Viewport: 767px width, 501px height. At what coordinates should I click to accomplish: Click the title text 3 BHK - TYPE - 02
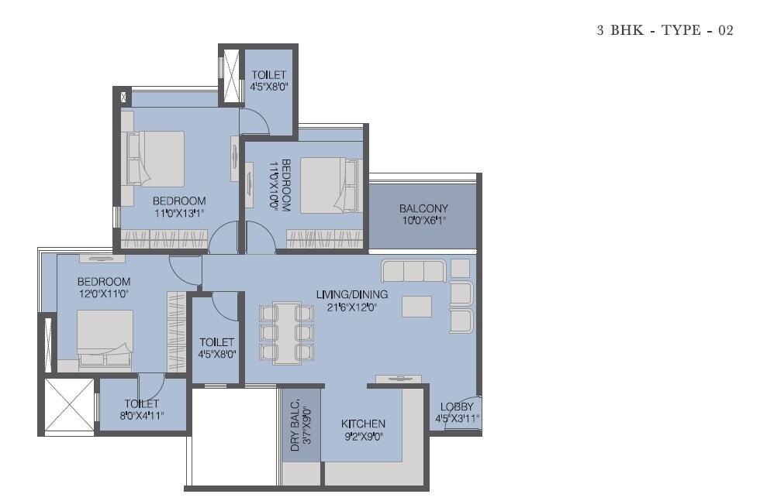pos(665,31)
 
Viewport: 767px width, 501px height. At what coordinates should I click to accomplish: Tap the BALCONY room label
pos(423,208)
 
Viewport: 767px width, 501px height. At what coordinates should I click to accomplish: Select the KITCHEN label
pos(364,424)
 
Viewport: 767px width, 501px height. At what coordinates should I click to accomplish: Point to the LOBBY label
pos(457,407)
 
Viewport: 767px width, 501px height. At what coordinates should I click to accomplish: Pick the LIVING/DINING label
pos(351,294)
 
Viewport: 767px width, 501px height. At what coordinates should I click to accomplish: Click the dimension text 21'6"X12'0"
pos(351,307)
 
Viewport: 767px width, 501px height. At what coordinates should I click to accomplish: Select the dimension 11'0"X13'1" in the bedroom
pos(179,214)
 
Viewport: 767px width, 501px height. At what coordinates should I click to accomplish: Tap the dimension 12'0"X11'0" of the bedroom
pos(103,294)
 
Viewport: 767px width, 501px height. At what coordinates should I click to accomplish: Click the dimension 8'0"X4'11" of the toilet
pos(142,416)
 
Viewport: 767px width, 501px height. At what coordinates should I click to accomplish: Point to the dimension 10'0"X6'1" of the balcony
pos(423,220)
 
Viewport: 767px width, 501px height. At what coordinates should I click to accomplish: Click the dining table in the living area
pos(287,332)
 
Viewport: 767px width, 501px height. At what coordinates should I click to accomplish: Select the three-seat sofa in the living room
pos(413,270)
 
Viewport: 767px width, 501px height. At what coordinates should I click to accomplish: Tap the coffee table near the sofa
pos(416,306)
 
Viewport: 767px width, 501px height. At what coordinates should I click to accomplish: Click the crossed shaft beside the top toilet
pos(230,76)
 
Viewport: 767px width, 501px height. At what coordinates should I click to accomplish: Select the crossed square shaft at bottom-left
pos(69,406)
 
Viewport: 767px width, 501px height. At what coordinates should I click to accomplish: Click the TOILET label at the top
pos(269,75)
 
